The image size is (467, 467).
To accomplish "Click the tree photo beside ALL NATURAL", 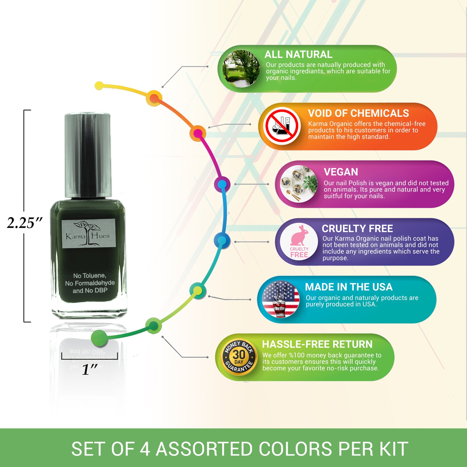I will (242, 68).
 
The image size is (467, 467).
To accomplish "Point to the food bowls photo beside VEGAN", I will (299, 184).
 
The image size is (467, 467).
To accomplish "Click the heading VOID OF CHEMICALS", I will (358, 113).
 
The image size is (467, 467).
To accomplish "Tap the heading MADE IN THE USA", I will (349, 287).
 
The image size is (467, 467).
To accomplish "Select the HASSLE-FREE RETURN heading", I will (317, 344).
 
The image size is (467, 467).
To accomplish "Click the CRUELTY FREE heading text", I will (357, 229).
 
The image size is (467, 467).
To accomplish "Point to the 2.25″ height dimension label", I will (25, 223).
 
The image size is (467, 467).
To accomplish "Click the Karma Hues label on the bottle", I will (88, 233).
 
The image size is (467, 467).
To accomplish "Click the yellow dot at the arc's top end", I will (99, 86).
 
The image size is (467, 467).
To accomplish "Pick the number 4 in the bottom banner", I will (145, 449).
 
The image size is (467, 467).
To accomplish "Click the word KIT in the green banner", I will (394, 449).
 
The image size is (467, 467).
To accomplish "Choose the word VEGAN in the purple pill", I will (341, 172).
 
